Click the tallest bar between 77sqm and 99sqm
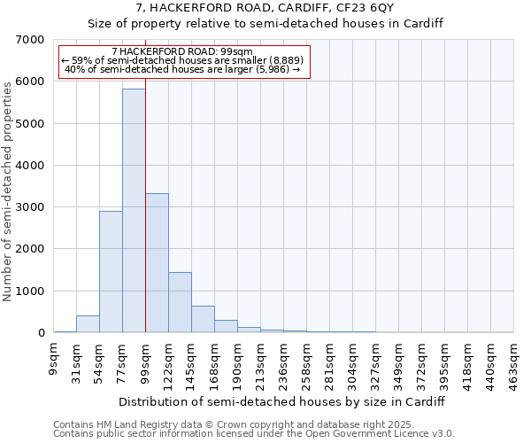point(134,211)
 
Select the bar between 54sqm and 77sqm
point(111,272)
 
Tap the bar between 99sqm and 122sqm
point(157,263)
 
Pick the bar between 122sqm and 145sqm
point(180,302)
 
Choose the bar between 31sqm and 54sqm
point(88,324)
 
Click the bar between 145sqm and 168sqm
point(203,319)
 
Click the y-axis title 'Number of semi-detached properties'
point(10,186)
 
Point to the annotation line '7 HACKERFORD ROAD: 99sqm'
point(183,51)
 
